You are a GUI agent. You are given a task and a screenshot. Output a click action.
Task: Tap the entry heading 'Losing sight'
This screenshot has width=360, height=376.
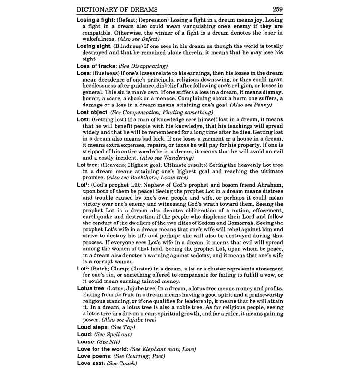(x=94, y=46)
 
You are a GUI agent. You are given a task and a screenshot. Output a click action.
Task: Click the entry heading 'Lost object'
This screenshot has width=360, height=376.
(x=93, y=112)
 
